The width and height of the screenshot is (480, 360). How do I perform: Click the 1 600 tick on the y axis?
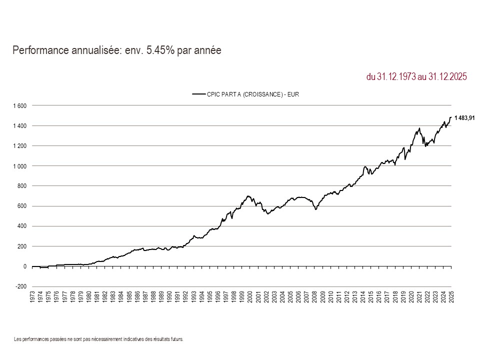[x=20, y=106]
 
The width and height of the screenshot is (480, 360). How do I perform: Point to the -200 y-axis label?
[x=21, y=286]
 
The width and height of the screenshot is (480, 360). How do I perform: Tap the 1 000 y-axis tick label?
[x=20, y=166]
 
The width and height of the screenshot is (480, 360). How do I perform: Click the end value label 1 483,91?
[x=464, y=118]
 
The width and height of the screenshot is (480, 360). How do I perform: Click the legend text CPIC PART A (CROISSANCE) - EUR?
[x=252, y=93]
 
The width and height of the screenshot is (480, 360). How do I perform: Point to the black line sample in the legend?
[x=199, y=93]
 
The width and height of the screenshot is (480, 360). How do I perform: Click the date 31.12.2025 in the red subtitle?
[x=447, y=77]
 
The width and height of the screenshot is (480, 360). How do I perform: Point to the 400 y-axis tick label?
[x=22, y=226]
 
